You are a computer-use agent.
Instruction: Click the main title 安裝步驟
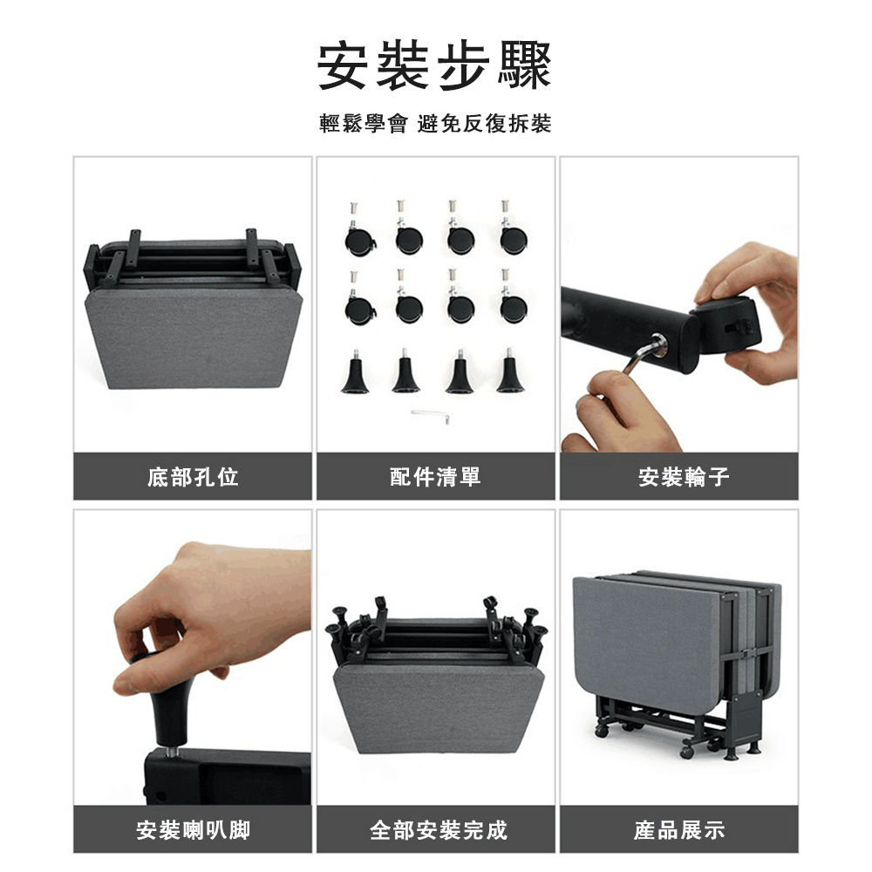click(x=434, y=65)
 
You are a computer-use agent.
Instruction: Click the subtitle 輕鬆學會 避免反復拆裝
click(x=435, y=124)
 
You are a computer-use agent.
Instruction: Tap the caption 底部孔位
click(x=193, y=477)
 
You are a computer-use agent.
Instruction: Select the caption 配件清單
click(x=435, y=477)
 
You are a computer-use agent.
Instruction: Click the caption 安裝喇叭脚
click(x=194, y=830)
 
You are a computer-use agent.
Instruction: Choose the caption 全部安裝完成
click(x=439, y=830)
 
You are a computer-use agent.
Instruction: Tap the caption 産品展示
click(x=679, y=830)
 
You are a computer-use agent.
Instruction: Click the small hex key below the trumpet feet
click(x=431, y=416)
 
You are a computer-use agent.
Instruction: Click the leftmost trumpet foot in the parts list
click(x=356, y=371)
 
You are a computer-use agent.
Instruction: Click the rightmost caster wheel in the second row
click(x=513, y=306)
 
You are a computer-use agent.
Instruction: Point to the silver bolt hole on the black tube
click(x=658, y=344)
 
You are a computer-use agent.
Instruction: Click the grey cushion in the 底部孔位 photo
click(x=194, y=337)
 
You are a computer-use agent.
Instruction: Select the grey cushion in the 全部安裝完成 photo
click(x=438, y=706)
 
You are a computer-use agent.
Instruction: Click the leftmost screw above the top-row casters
click(x=353, y=209)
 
